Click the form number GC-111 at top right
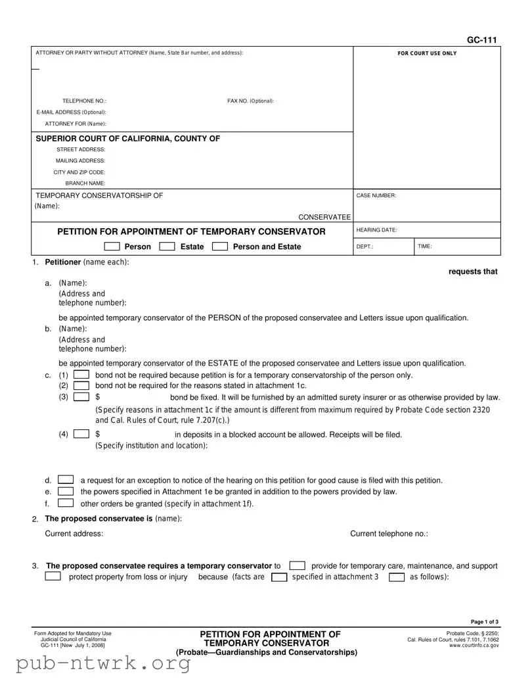[x=481, y=40]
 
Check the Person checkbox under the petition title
[x=112, y=247]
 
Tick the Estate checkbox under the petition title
[x=167, y=247]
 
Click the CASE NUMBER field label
[x=376, y=195]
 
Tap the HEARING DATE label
[x=376, y=230]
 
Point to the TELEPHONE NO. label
[x=84, y=101]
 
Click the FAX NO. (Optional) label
[x=250, y=101]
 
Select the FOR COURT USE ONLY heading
[x=427, y=53]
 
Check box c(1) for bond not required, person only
[x=81, y=375]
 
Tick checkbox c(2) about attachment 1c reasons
[x=81, y=385]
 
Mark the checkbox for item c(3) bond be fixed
[x=81, y=397]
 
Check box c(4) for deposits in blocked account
[x=81, y=434]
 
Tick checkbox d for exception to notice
[x=66, y=480]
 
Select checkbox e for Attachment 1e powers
[x=66, y=491]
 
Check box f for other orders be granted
[x=66, y=504]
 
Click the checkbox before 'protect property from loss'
[x=53, y=577]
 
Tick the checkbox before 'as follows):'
[x=397, y=577]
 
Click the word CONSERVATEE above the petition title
[x=324, y=217]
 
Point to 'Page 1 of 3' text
[x=485, y=622]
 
